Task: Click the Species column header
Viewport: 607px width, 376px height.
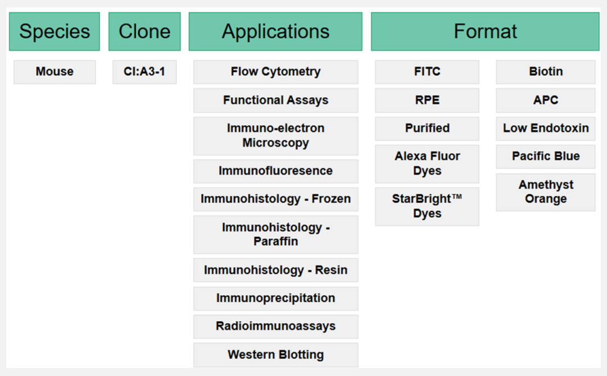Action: tap(54, 31)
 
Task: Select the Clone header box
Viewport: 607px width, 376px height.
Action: tap(144, 31)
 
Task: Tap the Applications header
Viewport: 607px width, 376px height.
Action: tap(275, 31)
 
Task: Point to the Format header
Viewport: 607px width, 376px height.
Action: tap(485, 31)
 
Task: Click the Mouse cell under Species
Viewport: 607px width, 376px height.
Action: tap(55, 72)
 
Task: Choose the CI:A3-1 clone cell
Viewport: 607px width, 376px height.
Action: tap(144, 72)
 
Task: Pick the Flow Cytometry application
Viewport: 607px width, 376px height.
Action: tap(275, 72)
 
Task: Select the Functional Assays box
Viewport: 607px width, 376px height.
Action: tap(275, 100)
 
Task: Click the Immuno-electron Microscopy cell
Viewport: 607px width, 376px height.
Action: tap(275, 136)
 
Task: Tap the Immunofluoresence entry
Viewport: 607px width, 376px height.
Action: tap(275, 171)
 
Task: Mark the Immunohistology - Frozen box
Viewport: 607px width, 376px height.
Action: tap(275, 199)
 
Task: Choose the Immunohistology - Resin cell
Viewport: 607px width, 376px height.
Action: tap(275, 270)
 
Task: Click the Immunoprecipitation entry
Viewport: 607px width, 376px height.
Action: tap(275, 299)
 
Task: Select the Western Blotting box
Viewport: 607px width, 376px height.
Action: tap(275, 355)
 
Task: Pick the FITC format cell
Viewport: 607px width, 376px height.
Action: tap(427, 72)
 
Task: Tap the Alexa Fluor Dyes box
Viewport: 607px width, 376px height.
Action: tap(427, 164)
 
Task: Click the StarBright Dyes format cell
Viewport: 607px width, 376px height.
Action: tap(427, 207)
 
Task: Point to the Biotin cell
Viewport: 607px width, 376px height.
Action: tap(545, 72)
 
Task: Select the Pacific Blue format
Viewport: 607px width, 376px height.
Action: tap(545, 157)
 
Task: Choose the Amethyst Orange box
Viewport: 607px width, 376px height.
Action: tap(545, 192)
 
